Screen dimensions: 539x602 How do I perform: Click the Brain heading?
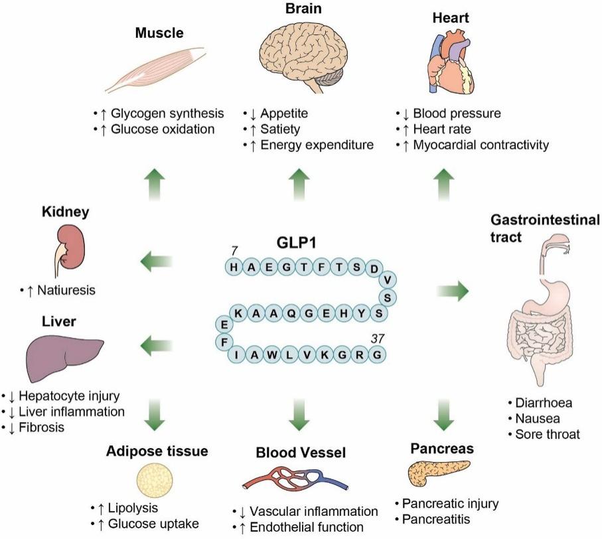coord(299,9)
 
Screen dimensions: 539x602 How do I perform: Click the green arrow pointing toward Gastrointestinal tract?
coord(452,291)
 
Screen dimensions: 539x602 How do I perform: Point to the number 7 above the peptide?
coord(233,250)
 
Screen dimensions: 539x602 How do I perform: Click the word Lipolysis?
coord(136,508)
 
